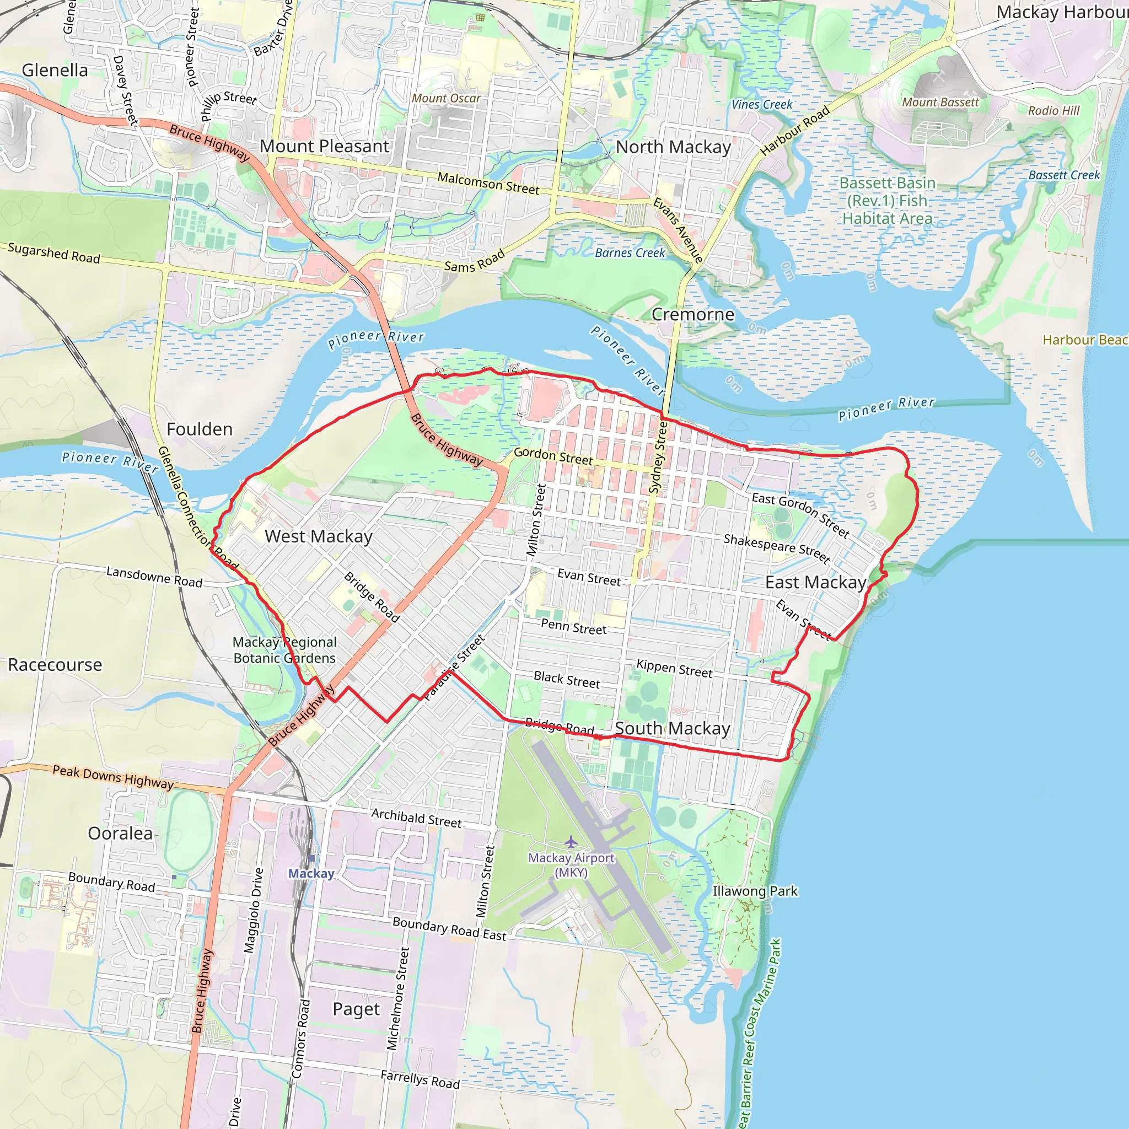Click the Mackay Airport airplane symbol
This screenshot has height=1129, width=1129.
(571, 842)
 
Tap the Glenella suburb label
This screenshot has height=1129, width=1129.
(55, 70)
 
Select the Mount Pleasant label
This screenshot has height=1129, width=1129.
(324, 146)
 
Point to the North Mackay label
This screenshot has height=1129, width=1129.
(673, 147)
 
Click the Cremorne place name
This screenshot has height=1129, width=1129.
(692, 314)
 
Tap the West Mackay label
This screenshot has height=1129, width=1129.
(319, 536)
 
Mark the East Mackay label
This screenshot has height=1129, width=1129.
(816, 582)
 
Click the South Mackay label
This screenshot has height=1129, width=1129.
(673, 728)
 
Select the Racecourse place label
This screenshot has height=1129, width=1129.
(55, 664)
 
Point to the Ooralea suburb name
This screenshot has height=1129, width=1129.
(120, 834)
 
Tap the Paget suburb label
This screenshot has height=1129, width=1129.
(356, 1009)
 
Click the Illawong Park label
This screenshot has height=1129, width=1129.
(755, 891)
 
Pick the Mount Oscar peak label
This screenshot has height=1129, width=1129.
(447, 98)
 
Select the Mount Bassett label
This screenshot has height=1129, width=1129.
(940, 103)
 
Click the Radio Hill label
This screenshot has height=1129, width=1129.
(1053, 110)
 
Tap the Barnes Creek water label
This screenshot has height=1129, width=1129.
(630, 253)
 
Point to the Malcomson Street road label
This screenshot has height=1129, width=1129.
(488, 184)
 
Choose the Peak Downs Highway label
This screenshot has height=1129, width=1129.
(114, 778)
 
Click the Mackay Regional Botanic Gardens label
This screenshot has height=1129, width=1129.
(284, 650)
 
